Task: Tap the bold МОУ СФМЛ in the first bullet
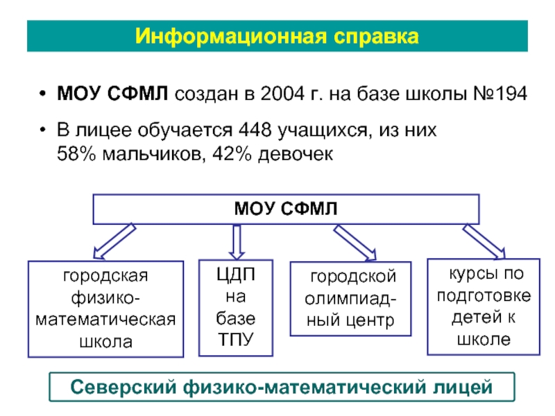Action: click(114, 93)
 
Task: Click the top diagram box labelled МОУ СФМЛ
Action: click(285, 208)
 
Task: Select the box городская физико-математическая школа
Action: click(105, 309)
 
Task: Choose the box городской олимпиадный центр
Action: click(350, 299)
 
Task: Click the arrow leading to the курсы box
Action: click(484, 239)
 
